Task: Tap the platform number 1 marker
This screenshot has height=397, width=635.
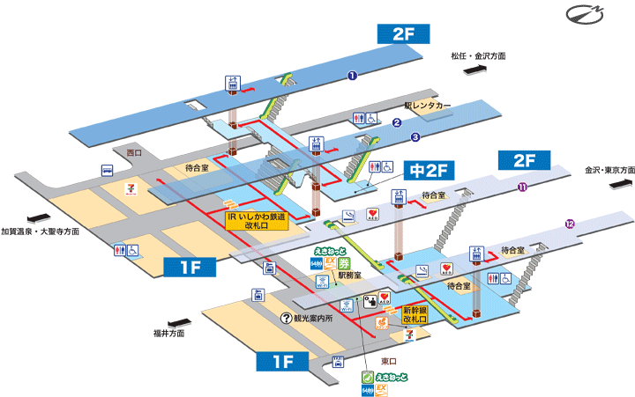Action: click(351, 76)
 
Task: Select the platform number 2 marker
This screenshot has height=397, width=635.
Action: click(397, 123)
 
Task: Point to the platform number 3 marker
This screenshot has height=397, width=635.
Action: click(415, 137)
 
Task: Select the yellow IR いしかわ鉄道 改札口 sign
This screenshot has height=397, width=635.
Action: click(256, 220)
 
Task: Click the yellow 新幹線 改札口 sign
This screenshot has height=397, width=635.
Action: click(415, 314)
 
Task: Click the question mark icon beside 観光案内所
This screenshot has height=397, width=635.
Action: click(285, 319)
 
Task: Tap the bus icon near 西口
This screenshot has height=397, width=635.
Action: click(107, 171)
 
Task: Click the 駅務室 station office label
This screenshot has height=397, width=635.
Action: click(349, 276)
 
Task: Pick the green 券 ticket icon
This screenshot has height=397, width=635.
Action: click(345, 261)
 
